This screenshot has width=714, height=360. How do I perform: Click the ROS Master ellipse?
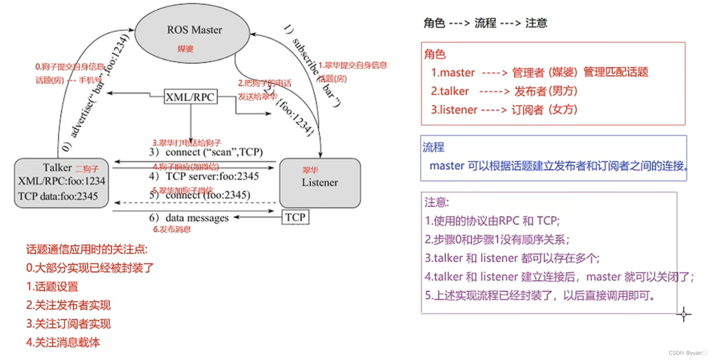[x=192, y=33]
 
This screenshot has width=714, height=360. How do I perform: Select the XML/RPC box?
[x=190, y=97]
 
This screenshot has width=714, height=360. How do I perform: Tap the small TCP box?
[x=295, y=217]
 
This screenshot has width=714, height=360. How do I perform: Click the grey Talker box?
[x=61, y=183]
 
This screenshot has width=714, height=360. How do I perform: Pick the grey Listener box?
[x=320, y=183]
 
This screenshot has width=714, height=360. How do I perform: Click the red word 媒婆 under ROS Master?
[x=185, y=49]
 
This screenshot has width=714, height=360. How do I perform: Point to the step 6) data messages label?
[x=189, y=218]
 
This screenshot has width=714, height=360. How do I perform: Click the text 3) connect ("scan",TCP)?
[x=206, y=152]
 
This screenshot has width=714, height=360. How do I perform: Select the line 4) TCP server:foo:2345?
[x=204, y=176]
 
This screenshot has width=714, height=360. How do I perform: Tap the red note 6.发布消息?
[x=172, y=229]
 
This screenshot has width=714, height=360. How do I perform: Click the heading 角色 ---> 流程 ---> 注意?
[x=485, y=23]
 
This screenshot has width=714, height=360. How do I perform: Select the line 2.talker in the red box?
[x=504, y=91]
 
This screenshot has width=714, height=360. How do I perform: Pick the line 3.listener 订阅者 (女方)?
[x=504, y=110]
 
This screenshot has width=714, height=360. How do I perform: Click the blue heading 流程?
[x=433, y=147]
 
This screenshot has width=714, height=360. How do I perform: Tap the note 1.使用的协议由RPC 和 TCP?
[x=492, y=221]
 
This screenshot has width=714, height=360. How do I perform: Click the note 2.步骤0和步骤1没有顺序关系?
[x=497, y=239]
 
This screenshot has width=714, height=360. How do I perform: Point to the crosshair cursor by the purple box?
[x=684, y=315]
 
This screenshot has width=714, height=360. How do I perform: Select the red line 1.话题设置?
[x=52, y=287]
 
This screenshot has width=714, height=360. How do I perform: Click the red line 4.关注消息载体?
[x=63, y=342]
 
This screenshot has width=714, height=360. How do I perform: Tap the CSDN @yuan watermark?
[x=688, y=353]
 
